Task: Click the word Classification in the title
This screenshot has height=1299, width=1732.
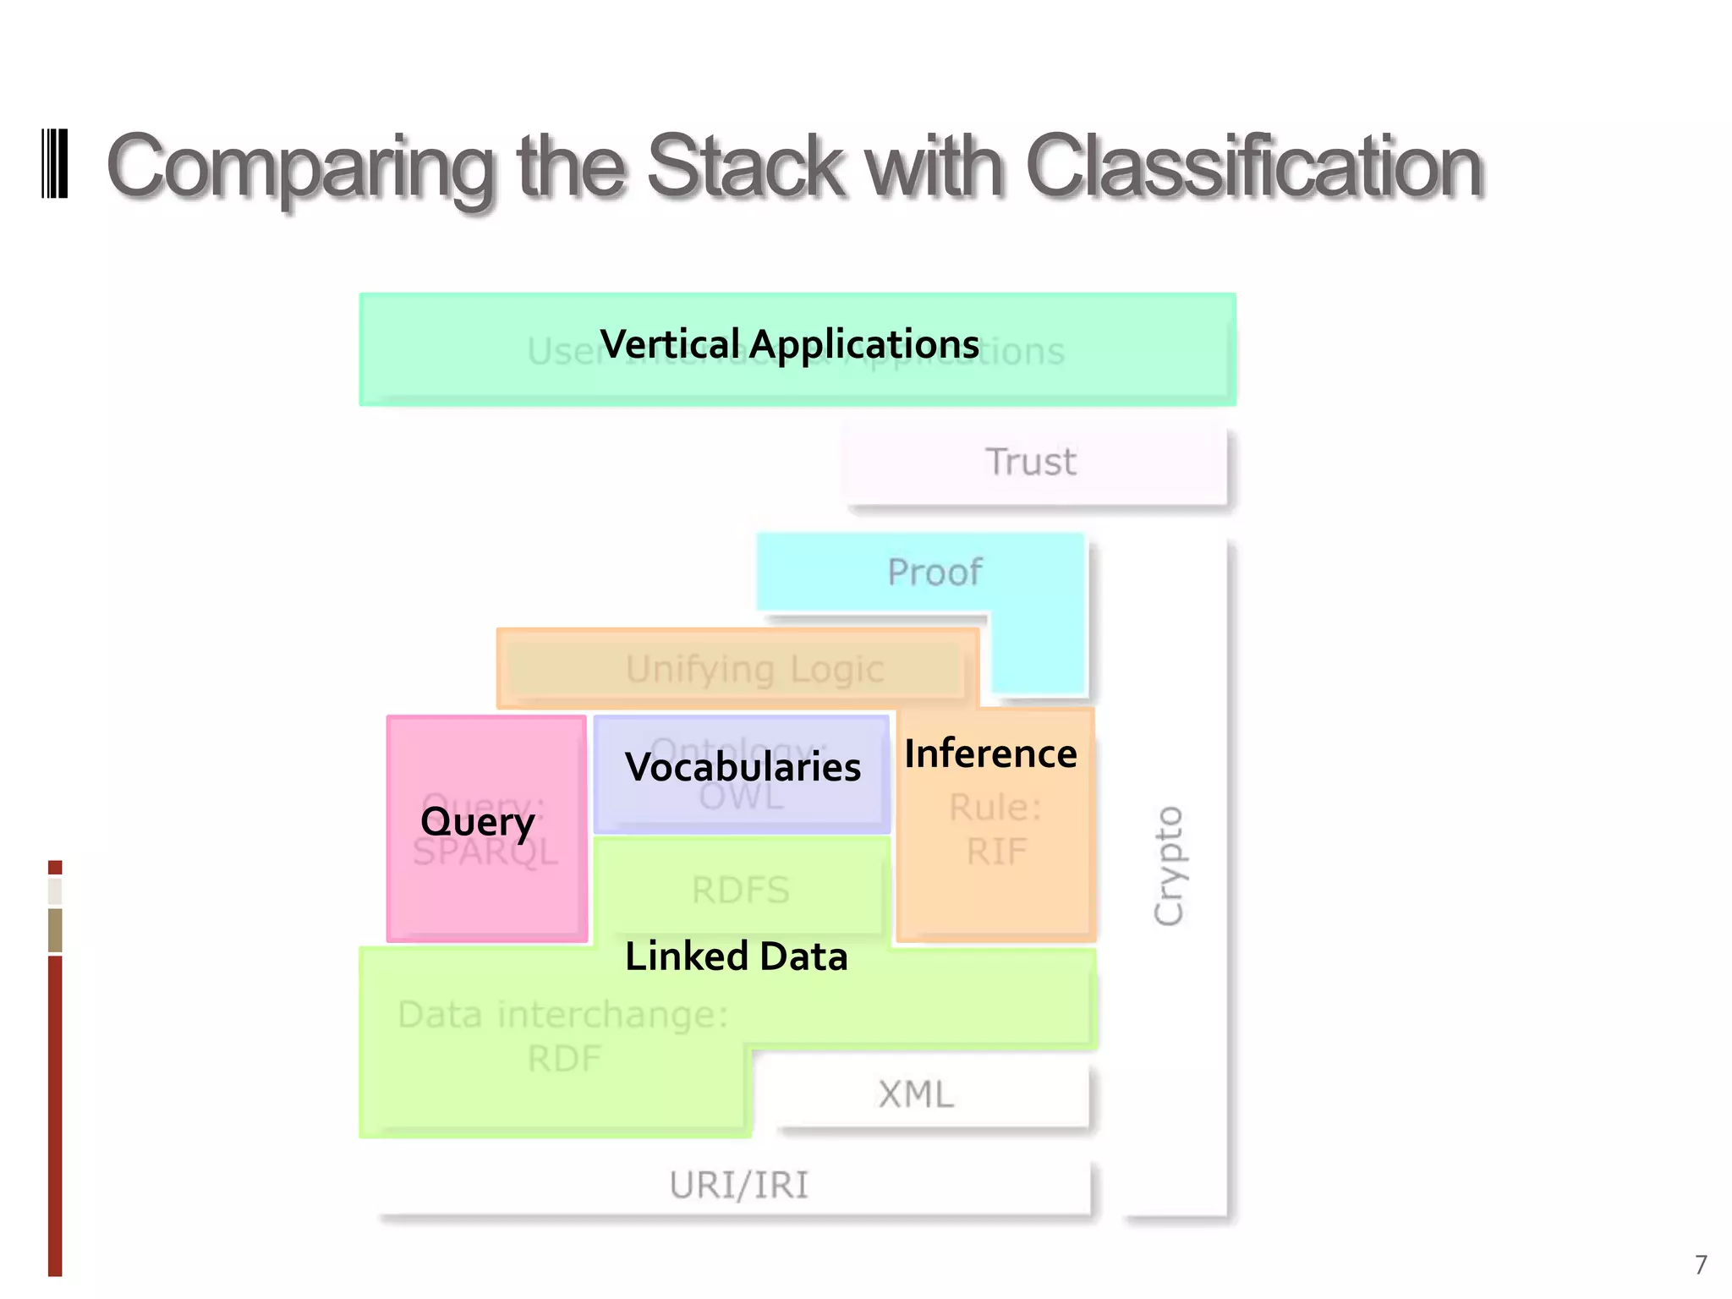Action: [1254, 166]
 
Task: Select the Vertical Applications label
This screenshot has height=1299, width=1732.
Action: [789, 344]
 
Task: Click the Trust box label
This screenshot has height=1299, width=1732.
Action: [1031, 462]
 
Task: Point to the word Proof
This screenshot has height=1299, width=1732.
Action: [935, 573]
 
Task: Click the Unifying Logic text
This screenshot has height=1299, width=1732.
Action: [754, 669]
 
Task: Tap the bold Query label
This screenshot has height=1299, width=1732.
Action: [478, 821]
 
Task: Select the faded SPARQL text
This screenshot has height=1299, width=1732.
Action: [485, 852]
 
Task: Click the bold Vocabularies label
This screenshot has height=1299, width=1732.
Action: [743, 767]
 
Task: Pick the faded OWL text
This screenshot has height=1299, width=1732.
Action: [741, 797]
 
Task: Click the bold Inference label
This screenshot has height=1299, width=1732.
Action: [990, 754]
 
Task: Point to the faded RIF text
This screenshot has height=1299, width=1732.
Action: [996, 852]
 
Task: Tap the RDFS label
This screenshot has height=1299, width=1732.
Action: [741, 891]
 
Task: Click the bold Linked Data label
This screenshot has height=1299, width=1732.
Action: [736, 956]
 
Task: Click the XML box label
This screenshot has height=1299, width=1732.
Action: [916, 1094]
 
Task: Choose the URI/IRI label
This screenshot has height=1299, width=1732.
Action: [739, 1186]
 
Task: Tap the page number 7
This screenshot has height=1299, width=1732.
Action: [1701, 1264]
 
